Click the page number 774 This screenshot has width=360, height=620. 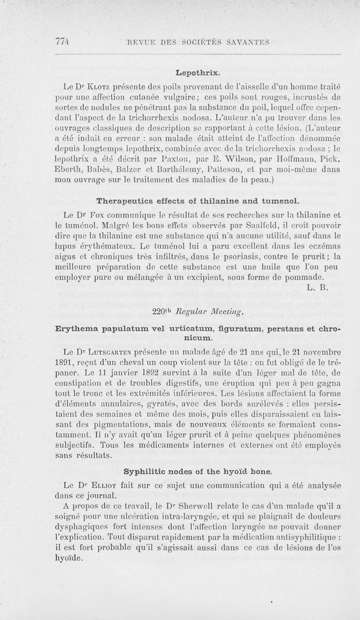coord(63,42)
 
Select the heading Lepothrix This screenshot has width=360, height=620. coord(198,72)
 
